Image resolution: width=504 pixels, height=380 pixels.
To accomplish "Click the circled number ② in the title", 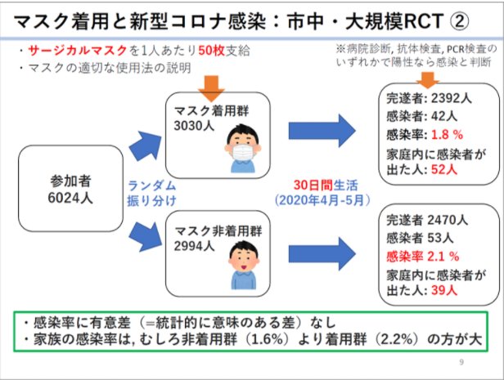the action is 459,21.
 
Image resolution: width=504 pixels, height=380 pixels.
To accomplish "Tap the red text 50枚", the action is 211,51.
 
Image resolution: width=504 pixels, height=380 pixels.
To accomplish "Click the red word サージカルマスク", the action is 78,51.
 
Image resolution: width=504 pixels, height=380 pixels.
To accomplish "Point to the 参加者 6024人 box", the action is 70,189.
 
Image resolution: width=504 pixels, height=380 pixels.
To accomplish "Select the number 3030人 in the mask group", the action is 194,126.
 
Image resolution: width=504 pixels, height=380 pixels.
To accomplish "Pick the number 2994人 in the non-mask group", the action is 194,246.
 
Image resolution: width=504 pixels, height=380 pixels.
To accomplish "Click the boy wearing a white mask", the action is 243,148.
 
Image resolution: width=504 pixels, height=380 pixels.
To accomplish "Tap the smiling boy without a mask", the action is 244,265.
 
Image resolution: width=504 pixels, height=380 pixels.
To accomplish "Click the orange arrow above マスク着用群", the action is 211,88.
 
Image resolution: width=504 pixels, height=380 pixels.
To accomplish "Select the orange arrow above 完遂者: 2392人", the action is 427,79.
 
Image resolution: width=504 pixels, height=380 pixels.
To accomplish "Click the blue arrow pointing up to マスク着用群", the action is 146,145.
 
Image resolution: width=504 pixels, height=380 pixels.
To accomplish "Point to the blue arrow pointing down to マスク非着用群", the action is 146,237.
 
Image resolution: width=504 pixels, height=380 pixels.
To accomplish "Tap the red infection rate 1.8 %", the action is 447,135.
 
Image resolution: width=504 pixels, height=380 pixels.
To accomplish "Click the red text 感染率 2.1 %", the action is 423,257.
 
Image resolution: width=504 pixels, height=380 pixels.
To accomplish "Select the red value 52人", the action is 444,169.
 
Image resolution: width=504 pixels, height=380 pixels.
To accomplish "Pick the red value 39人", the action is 444,290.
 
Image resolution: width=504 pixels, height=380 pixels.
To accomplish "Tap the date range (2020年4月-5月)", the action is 322,200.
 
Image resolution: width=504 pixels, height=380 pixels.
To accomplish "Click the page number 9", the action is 461,362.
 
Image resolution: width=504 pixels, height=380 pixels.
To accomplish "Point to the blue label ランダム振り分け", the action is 151,193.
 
